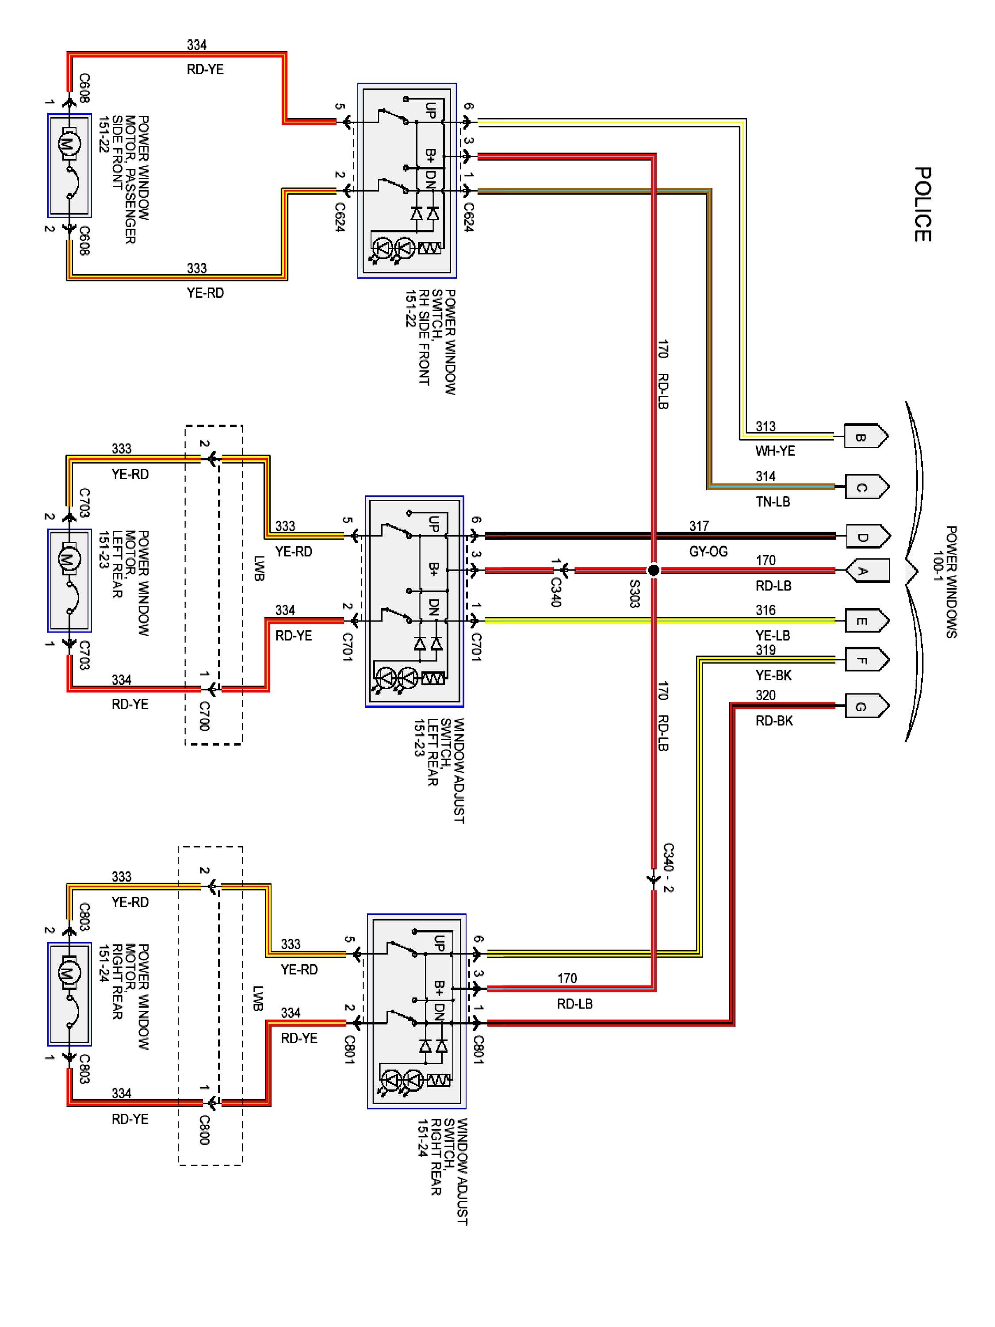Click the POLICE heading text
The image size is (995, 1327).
(922, 204)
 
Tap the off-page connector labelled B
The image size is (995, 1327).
(866, 436)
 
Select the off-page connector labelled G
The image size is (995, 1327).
(866, 706)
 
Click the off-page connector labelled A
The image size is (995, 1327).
(867, 571)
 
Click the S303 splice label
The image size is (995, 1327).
(635, 594)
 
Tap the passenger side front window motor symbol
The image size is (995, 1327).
(69, 165)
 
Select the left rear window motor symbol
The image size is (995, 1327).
(69, 580)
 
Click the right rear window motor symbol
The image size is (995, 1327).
(69, 995)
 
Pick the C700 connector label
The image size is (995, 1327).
(204, 716)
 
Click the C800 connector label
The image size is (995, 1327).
(204, 1130)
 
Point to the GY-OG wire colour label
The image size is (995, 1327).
(708, 551)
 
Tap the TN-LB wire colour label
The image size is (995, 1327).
(773, 502)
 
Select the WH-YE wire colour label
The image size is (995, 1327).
(775, 451)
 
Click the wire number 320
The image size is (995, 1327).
(765, 695)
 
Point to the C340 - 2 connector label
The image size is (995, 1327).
(669, 867)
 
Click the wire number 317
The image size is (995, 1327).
(699, 526)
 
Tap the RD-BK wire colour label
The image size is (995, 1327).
(774, 721)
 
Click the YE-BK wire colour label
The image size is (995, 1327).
(773, 675)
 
